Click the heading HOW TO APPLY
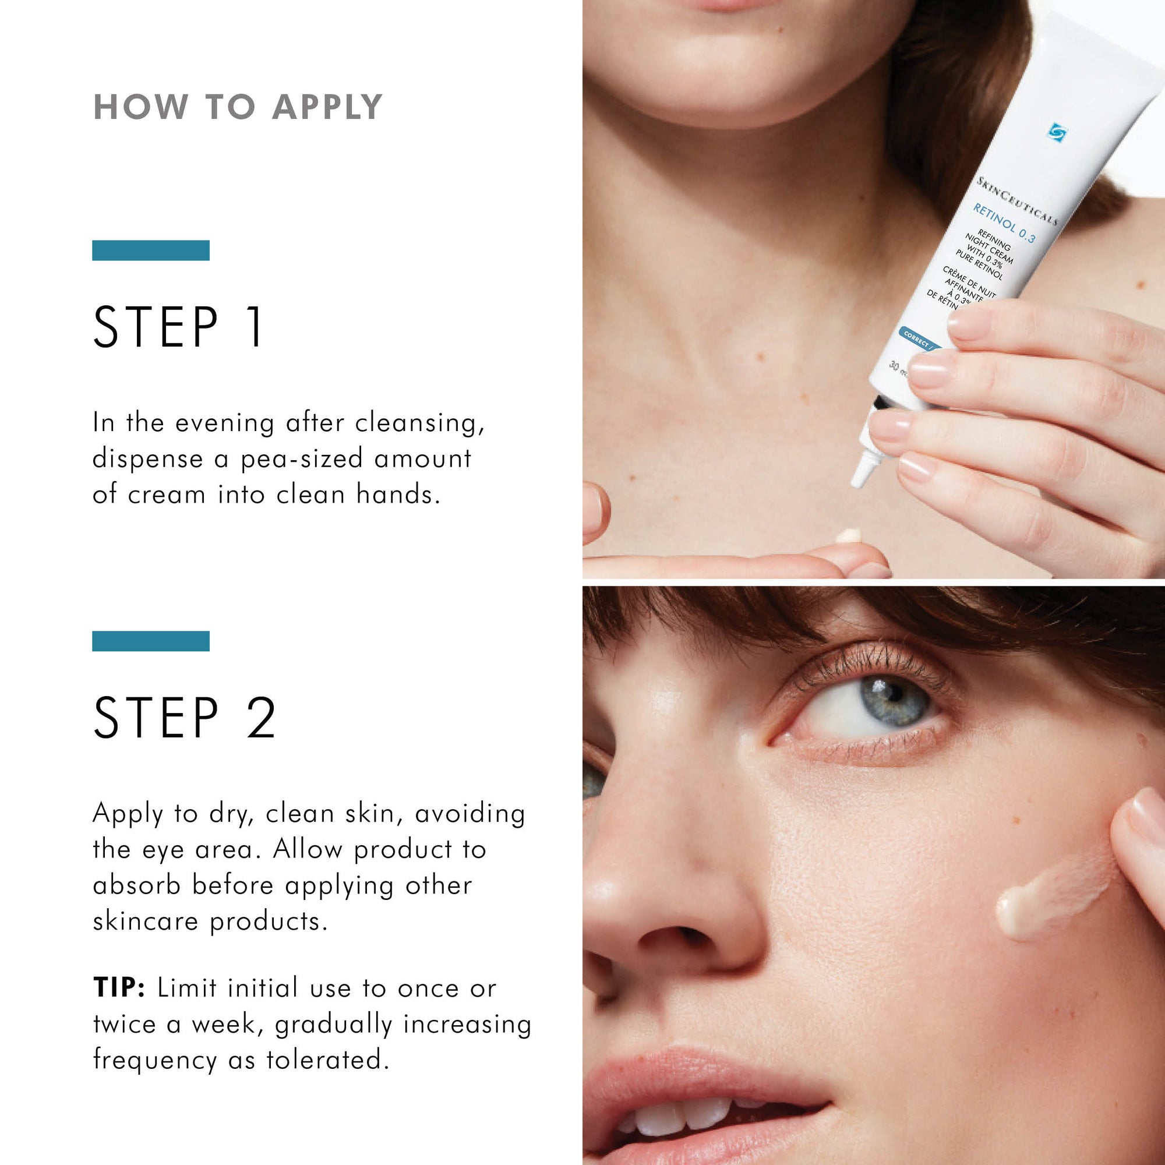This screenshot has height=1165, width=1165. [x=238, y=107]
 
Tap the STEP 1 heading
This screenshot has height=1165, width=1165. [x=178, y=327]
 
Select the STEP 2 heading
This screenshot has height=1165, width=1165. [x=185, y=717]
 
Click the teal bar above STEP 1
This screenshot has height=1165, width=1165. [x=151, y=250]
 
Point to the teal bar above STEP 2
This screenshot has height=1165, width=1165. [x=151, y=641]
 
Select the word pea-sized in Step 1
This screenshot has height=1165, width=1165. [x=302, y=460]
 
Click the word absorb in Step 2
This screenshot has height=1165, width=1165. [x=136, y=886]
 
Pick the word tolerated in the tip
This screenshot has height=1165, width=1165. [x=327, y=1060]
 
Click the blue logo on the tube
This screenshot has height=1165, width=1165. [x=1057, y=132]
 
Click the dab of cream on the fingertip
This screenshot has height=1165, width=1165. [x=849, y=535]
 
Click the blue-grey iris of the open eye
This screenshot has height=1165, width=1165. [x=892, y=700]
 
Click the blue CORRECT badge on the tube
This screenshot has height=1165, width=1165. [x=918, y=340]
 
